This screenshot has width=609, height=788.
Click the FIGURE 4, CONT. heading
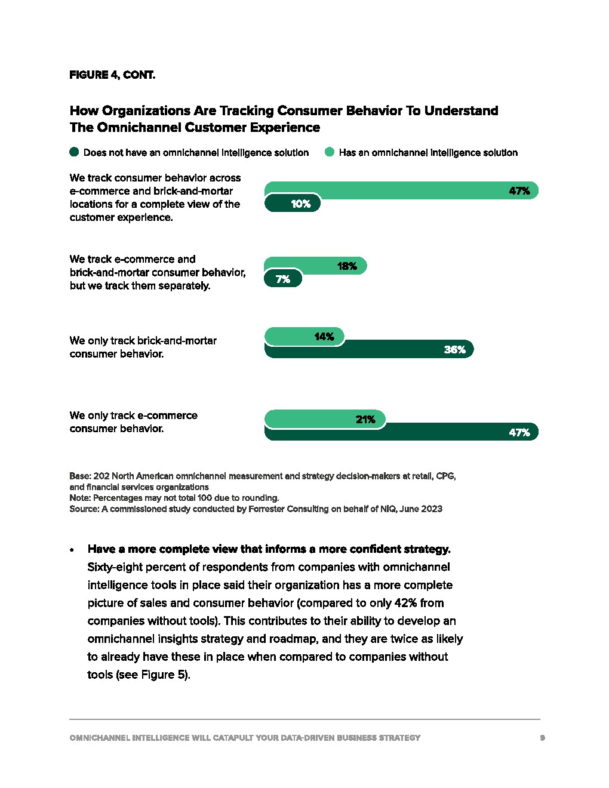[x=112, y=75]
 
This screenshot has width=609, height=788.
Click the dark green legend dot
[x=74, y=152]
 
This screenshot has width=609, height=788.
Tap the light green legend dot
[x=330, y=152]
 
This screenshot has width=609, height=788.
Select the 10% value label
[x=300, y=204]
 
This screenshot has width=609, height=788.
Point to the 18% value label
[x=347, y=266]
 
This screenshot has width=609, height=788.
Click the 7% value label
[x=283, y=279]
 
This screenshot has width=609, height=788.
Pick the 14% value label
[x=324, y=337]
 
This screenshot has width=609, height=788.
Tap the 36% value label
[x=454, y=350]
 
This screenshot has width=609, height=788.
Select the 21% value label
[x=365, y=420]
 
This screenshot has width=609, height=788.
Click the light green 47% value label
[x=519, y=191]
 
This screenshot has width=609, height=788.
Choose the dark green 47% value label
[x=519, y=433]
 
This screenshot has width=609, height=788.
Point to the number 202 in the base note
[x=101, y=476]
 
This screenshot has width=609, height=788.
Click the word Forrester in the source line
[x=268, y=509]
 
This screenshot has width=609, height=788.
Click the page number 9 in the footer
[x=542, y=738]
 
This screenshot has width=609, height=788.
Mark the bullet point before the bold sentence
[x=72, y=550]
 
